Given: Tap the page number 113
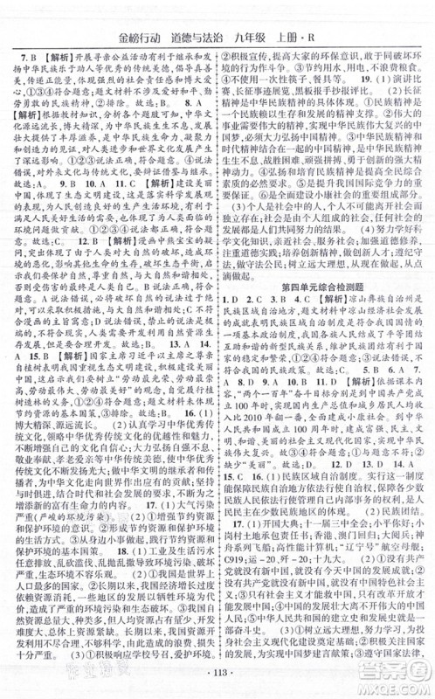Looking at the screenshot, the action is (217, 682).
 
